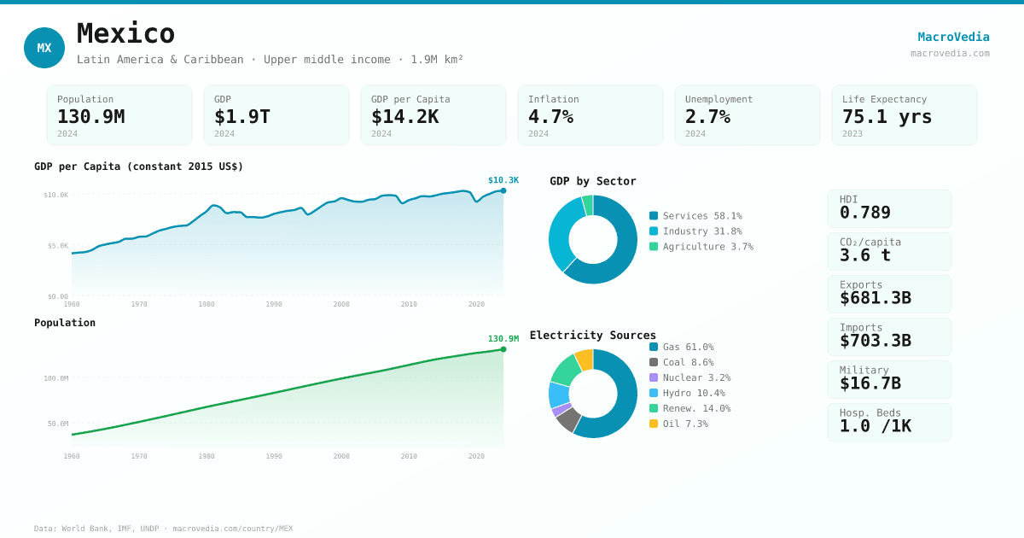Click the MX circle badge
coord(44,48)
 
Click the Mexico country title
coord(125,34)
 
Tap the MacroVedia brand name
coord(953,37)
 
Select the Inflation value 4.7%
coord(550,116)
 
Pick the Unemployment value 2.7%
coord(707,116)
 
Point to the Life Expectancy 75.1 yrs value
coord(887,116)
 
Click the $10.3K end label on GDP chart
coord(503,180)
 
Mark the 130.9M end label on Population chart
coord(503,339)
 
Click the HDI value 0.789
coord(864,213)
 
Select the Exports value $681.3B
coord(875,298)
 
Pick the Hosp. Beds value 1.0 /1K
coord(875,425)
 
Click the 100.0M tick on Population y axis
coord(56,378)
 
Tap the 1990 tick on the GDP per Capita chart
coord(274,304)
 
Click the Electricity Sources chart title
coord(592,336)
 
